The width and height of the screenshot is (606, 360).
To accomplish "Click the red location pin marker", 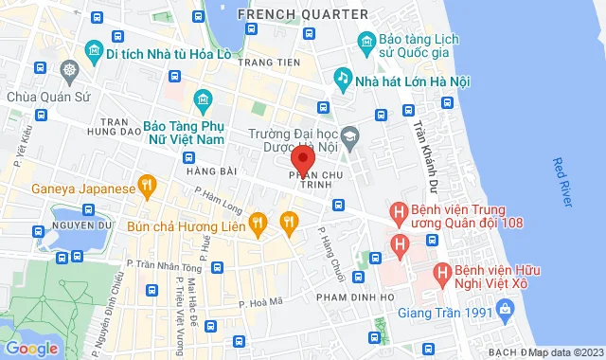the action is [302, 157].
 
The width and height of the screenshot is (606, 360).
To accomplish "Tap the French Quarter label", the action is [302, 14].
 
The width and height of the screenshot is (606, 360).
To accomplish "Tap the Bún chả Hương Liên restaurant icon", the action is [257, 224].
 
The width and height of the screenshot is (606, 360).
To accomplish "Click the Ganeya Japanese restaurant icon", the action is [146, 186].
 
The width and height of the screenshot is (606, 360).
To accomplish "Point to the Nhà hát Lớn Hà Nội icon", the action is [340, 78].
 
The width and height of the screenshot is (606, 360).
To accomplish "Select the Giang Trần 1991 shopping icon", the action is [505, 309].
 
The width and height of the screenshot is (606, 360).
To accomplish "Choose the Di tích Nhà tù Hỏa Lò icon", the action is [94, 49].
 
